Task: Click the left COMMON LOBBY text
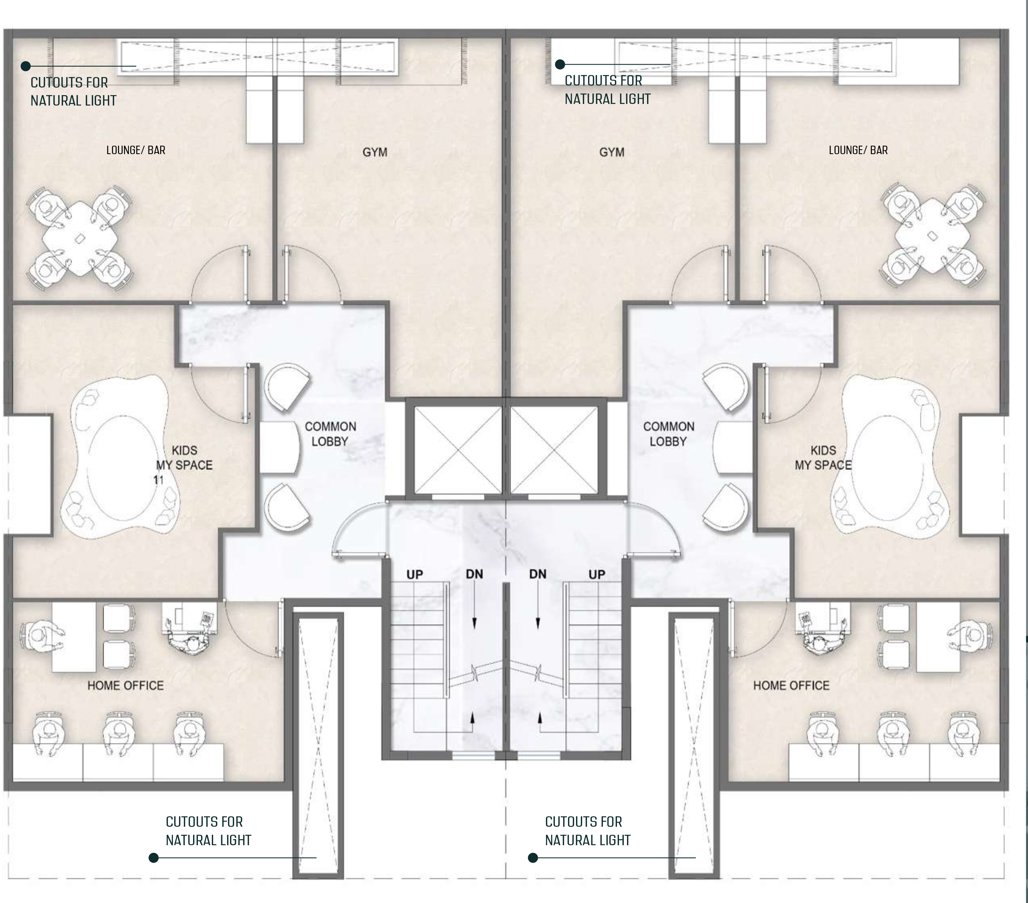coord(330,434)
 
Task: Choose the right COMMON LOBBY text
coord(668,434)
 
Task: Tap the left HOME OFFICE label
coord(125,686)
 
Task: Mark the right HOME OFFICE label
coord(791,686)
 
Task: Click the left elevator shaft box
coord(458,450)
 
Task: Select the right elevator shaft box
coord(554,450)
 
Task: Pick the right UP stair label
coord(597,575)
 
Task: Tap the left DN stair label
coord(474,574)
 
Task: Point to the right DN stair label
coord(537,574)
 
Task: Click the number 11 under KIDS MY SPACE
coord(159,480)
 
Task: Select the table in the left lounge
coord(80,238)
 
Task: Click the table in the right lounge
coord(932,235)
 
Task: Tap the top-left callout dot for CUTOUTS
coord(26,66)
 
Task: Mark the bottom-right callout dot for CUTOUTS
coord(533,858)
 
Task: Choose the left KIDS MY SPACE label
coord(185,458)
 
